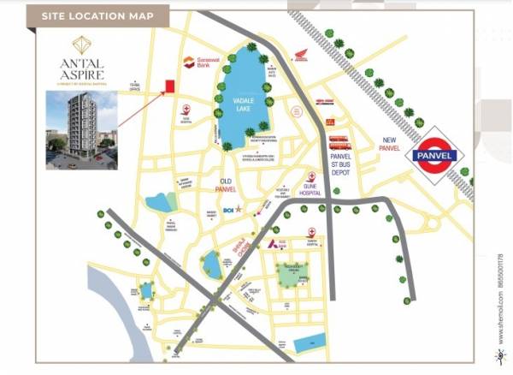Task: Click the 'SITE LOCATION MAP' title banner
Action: tap(97, 15)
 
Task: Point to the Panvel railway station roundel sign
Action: tap(436, 156)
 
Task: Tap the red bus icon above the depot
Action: tap(339, 139)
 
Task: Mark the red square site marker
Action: tap(169, 86)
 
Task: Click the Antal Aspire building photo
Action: tap(82, 130)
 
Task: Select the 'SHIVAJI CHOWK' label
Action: tap(244, 248)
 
